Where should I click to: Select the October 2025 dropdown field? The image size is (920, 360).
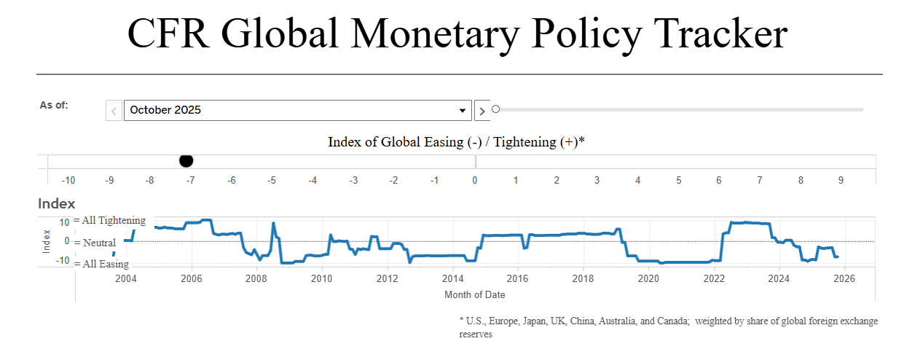pyautogui.click(x=297, y=110)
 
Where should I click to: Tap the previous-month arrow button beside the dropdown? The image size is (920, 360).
pyautogui.click(x=114, y=111)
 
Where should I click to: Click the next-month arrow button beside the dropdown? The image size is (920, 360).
pyautogui.click(x=482, y=111)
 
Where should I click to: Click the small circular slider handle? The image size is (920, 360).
pyautogui.click(x=496, y=109)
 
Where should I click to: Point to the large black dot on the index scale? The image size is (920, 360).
pyautogui.click(x=186, y=161)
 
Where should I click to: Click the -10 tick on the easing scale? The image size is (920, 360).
pyautogui.click(x=68, y=180)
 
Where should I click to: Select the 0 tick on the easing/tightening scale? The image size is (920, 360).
pyautogui.click(x=475, y=180)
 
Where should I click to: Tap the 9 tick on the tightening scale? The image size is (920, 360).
pyautogui.click(x=841, y=180)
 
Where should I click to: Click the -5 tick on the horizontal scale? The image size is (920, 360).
pyautogui.click(x=271, y=180)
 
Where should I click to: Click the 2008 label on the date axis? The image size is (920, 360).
pyautogui.click(x=256, y=278)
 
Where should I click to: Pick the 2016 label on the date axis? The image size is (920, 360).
pyautogui.click(x=517, y=278)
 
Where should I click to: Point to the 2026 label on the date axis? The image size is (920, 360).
pyautogui.click(x=844, y=278)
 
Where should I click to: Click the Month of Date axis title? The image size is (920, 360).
pyautogui.click(x=475, y=294)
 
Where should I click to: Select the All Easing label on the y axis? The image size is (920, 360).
pyautogui.click(x=105, y=264)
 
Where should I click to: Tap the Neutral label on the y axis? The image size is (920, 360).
pyautogui.click(x=99, y=242)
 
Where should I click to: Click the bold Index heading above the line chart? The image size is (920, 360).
pyautogui.click(x=57, y=204)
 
